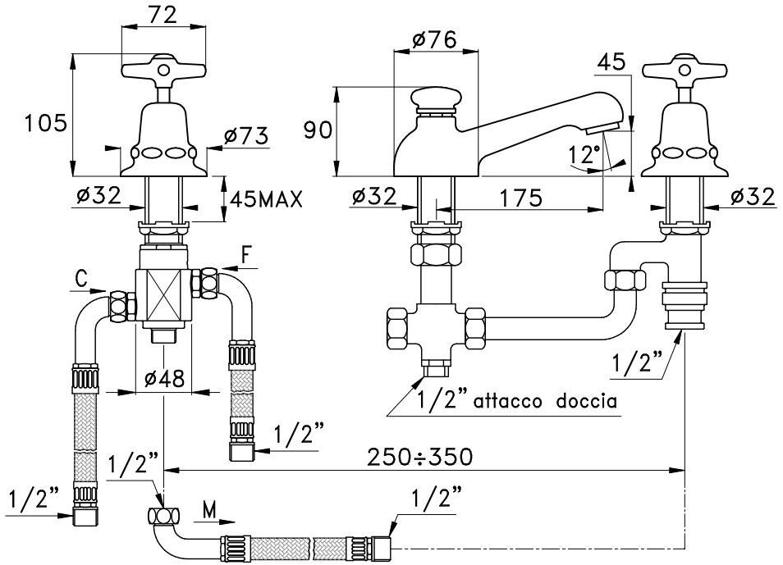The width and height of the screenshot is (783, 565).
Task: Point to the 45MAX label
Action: tap(265, 198)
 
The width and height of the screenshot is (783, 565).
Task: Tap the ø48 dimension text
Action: tap(165, 379)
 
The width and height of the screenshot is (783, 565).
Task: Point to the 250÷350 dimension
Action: tap(420, 456)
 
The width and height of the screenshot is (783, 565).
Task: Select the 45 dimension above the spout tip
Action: tap(612, 62)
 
